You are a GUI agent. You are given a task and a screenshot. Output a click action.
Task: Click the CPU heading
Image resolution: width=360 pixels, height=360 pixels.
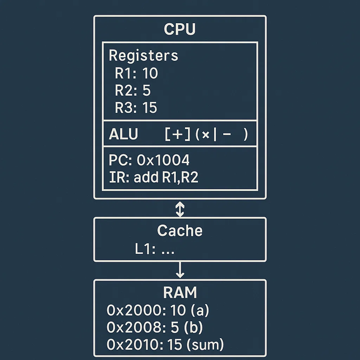coord(180,30)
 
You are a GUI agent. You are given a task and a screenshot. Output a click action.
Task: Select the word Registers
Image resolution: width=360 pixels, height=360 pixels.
coord(143,56)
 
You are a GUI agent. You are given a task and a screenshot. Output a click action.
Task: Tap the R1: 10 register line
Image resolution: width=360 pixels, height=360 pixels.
coord(136,73)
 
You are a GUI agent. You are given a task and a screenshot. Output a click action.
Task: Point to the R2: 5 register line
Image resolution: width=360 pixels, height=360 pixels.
coord(133,91)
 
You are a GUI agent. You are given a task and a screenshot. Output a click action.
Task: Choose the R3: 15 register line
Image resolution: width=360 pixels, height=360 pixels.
coord(136,108)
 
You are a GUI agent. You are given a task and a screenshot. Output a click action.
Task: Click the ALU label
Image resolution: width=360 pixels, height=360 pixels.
coord(123,135)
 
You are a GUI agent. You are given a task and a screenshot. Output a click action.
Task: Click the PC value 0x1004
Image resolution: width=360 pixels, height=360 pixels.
coord(163,161)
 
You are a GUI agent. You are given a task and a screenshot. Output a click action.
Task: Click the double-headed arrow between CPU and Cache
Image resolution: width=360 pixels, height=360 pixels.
coord(180,209)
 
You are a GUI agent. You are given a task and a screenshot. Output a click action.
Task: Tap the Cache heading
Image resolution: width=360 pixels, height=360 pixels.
coord(180,231)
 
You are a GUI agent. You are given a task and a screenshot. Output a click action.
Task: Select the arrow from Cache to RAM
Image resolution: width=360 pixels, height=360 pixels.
coord(180,270)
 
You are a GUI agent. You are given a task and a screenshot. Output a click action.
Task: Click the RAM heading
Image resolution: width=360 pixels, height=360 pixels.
coord(180,292)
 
